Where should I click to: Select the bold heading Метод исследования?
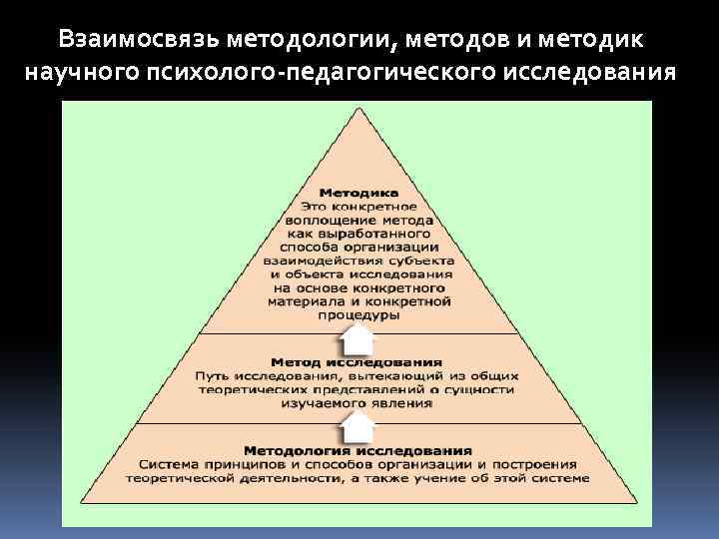(x=357, y=361)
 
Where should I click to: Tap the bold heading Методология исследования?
(x=357, y=451)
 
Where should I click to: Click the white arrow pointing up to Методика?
(x=358, y=339)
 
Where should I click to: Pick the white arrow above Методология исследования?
(x=358, y=429)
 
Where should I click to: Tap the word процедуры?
(x=359, y=314)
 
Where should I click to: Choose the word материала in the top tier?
(x=308, y=300)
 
